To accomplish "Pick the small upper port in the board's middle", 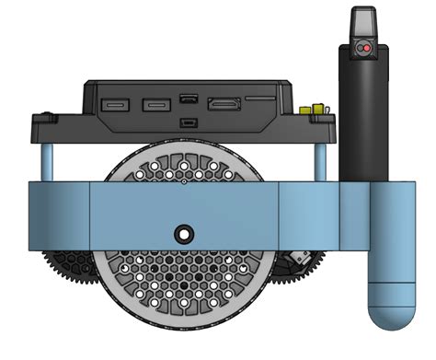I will pos(188,98).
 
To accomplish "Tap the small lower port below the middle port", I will pos(188,122).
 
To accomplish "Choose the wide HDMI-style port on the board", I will pos(226,105).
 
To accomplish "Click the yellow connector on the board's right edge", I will pos(317,110).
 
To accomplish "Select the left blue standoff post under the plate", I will pos(47,161).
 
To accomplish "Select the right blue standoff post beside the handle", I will pos(321,161).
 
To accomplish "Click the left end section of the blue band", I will pos(59,217).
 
